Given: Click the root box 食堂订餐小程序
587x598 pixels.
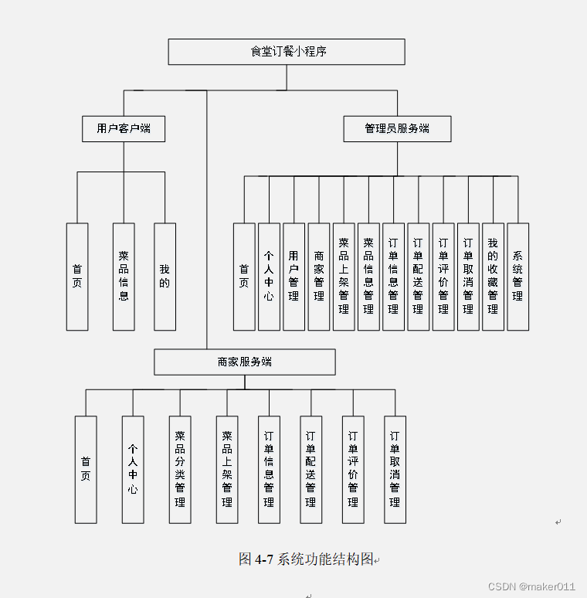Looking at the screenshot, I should tap(287, 52).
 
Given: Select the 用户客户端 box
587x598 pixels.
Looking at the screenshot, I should tap(124, 128).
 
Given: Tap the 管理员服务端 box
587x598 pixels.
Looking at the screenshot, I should tap(397, 128).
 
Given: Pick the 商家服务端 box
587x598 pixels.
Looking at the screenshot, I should tap(245, 362).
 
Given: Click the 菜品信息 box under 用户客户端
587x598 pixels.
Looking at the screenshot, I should tap(124, 277).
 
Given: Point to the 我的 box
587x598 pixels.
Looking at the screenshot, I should tap(165, 277).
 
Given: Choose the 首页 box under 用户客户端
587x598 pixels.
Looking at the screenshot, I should tap(77, 277).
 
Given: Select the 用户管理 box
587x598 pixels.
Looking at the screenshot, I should tap(293, 277).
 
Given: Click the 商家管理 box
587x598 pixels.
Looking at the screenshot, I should tap(319, 277).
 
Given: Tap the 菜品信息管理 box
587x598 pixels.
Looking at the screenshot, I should tap(368, 277).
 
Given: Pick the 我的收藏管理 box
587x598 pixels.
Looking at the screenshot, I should tap(493, 277).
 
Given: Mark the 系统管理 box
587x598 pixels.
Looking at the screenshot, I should tap(517, 277).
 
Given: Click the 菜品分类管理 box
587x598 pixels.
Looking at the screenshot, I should tap(180, 469).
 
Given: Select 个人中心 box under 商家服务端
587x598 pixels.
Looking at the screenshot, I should tap(133, 469).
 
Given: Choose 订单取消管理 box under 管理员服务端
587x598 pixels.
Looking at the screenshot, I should tap(468, 277).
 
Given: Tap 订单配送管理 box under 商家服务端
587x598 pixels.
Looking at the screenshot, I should tap(310, 469).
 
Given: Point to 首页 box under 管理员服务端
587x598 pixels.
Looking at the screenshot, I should tap(244, 277).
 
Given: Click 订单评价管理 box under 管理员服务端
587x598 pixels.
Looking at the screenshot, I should tap(443, 277).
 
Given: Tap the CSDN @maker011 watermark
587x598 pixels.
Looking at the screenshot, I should tap(532, 587).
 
